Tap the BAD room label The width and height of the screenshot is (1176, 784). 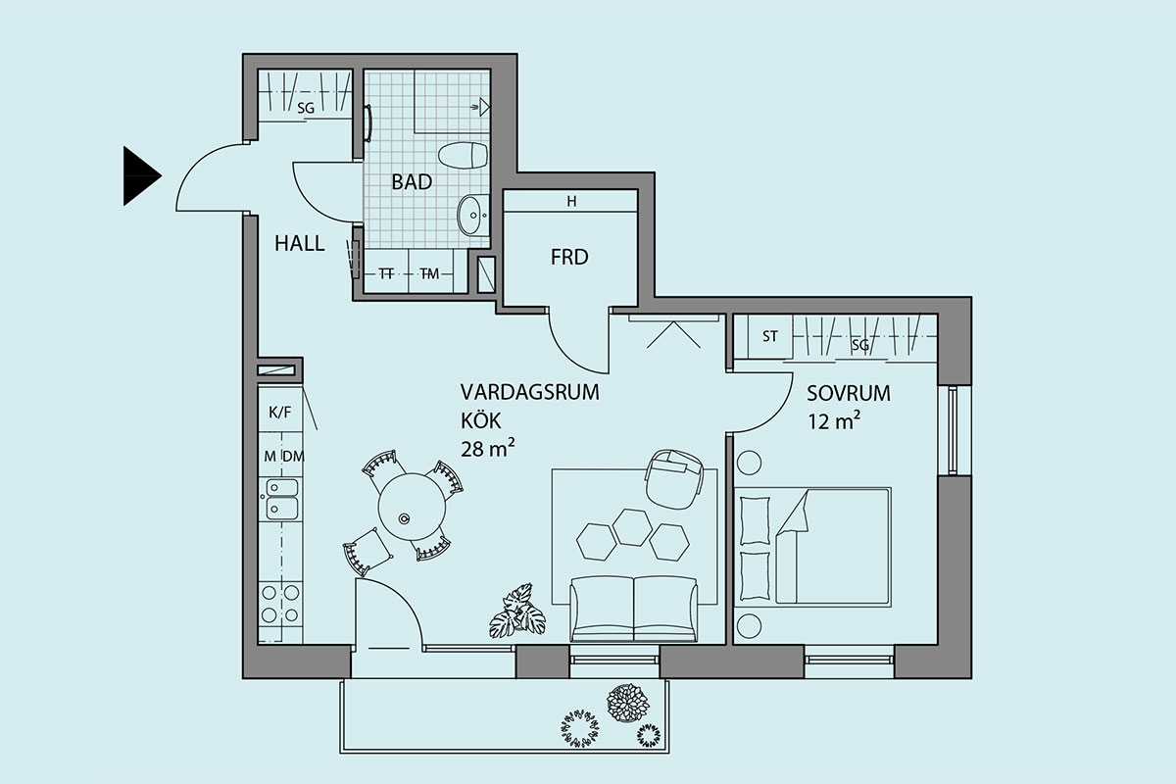tap(412, 182)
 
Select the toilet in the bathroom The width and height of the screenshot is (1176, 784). tap(463, 155)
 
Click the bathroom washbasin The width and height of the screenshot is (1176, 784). tap(473, 215)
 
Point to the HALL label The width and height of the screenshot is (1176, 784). tap(299, 244)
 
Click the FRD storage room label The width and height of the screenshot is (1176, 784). tap(569, 258)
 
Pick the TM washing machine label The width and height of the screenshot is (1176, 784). tap(429, 273)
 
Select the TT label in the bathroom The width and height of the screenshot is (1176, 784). tap(386, 273)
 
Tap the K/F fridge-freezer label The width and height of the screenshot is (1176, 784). tap(280, 413)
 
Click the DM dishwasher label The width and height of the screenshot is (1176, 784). tap(293, 457)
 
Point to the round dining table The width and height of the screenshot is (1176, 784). tap(412, 507)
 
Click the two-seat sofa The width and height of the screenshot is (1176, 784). tap(634, 609)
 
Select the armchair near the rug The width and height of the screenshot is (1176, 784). tap(674, 478)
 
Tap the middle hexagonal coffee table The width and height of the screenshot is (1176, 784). tap(632, 527)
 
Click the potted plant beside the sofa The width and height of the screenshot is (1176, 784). tap(517, 611)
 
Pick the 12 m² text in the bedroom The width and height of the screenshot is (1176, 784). tap(834, 421)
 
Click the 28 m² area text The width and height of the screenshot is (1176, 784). tap(487, 449)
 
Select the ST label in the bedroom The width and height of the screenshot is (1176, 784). tap(770, 336)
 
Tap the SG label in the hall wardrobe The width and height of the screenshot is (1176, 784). tap(306, 108)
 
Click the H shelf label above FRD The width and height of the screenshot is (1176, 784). tap(571, 201)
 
